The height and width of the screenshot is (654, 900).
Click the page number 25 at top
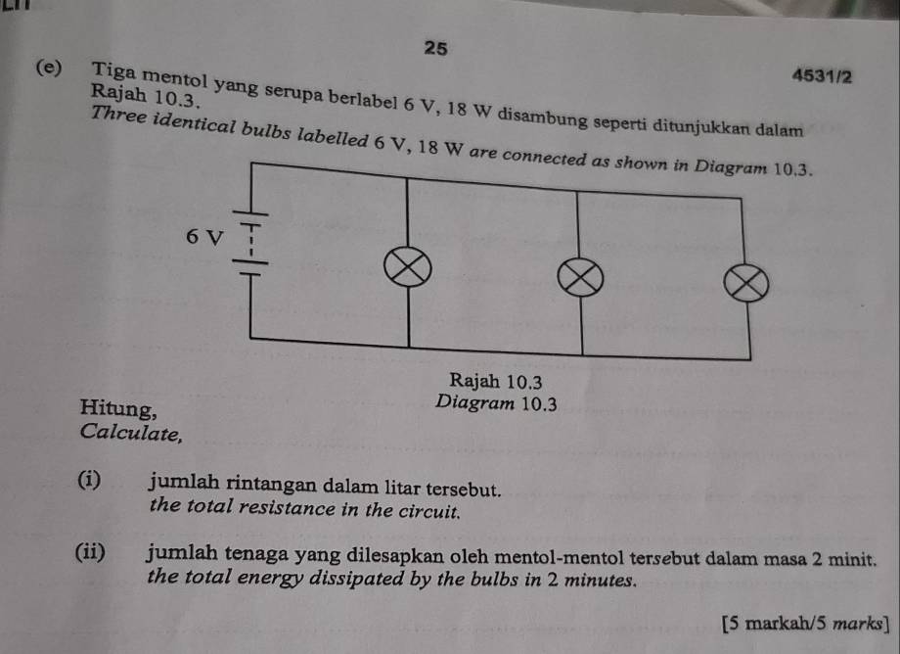point(435,48)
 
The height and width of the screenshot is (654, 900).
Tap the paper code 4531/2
point(822,76)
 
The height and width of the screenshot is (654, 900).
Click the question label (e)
point(49,68)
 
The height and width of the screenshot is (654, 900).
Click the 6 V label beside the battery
point(203,236)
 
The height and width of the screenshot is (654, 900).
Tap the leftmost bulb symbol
point(408,267)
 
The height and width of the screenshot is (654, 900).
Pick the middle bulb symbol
point(580,278)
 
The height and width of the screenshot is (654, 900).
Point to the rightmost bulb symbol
point(745,284)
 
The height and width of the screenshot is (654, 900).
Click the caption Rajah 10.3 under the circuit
point(495,381)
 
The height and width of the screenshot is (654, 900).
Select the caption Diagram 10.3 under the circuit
point(496,403)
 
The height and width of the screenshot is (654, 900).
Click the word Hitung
point(118,408)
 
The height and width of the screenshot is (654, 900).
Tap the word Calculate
point(131,433)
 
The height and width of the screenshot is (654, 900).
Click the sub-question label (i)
point(90,480)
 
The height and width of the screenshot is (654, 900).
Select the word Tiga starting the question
point(114,72)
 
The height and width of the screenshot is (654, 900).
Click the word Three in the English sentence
point(117,115)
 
